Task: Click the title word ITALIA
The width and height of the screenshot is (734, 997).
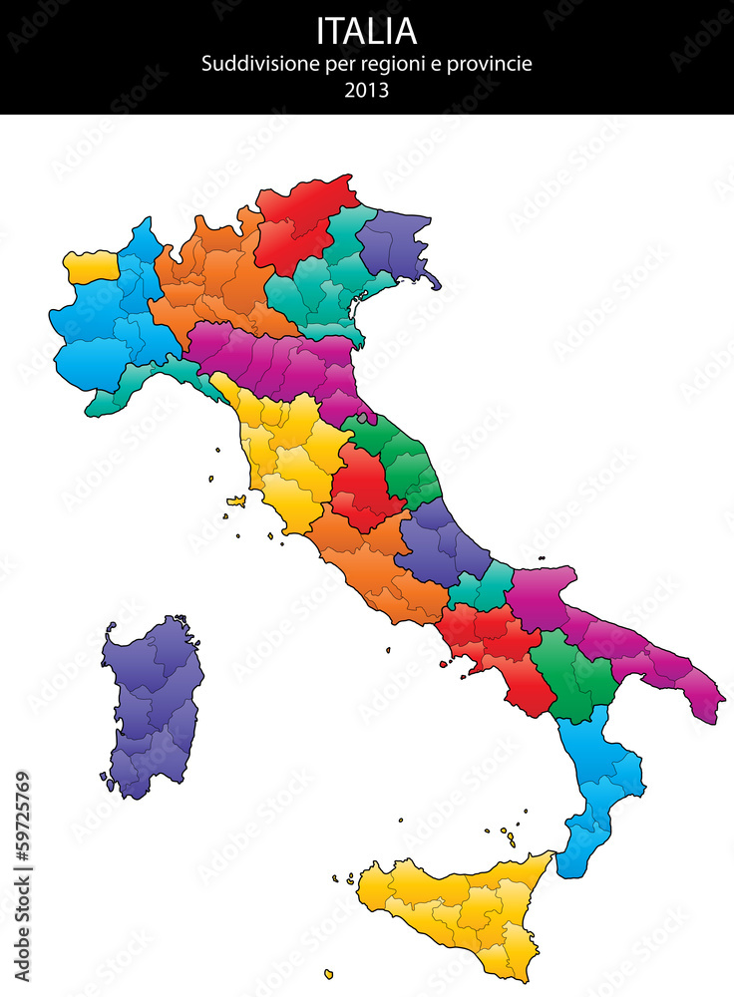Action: (x=366, y=31)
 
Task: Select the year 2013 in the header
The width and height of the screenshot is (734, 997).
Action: (x=366, y=90)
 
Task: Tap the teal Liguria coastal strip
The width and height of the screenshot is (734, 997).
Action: (x=150, y=384)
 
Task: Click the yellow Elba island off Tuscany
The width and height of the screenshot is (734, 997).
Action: (x=236, y=501)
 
